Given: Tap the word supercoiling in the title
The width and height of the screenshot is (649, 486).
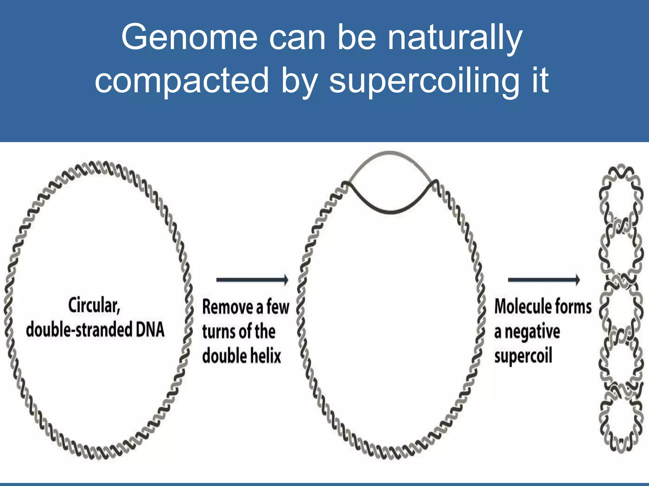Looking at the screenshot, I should coord(424,81).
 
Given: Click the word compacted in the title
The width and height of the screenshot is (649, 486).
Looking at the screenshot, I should coord(182,81).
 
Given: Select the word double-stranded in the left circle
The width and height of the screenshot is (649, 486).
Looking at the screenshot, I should coord(79,329).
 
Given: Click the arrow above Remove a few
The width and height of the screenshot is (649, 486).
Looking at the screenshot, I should coord(252,280).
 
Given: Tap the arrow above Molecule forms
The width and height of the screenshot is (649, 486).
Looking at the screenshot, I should coord(544,280).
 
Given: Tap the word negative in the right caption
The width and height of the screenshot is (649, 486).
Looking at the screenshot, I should coord(532,332).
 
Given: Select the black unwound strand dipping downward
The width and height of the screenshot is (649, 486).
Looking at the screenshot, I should coord(391,211).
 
